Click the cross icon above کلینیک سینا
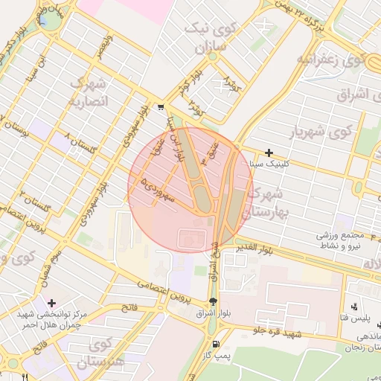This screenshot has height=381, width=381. (269, 153)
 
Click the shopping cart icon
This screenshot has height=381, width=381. (161, 108)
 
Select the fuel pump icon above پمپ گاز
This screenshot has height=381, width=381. (216, 344)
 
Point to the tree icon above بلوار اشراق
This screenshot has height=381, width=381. (214, 301)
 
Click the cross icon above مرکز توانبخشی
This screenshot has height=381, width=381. (51, 303)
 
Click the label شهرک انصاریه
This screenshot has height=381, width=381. (89, 91)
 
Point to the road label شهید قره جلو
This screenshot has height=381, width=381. (277, 331)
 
